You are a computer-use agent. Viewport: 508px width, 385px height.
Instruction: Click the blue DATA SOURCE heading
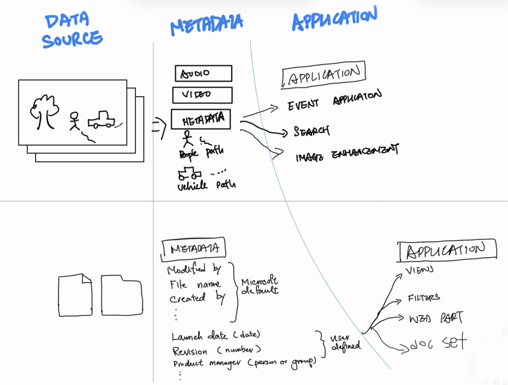click(x=72, y=31)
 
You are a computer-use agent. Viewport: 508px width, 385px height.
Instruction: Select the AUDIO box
click(x=203, y=74)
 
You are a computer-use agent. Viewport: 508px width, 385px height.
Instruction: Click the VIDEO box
click(x=202, y=95)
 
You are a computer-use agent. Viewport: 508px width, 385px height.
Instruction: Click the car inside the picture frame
click(x=101, y=120)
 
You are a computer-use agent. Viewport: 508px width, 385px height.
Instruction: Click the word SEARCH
click(x=311, y=131)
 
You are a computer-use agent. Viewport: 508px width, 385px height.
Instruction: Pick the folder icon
click(x=121, y=296)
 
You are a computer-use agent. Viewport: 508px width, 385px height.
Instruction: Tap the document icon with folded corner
click(x=75, y=296)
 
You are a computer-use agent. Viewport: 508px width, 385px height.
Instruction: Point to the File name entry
click(x=194, y=284)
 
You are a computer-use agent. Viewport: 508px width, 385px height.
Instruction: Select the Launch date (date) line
click(x=216, y=336)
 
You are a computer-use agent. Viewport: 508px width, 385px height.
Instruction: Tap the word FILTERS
click(x=424, y=298)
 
